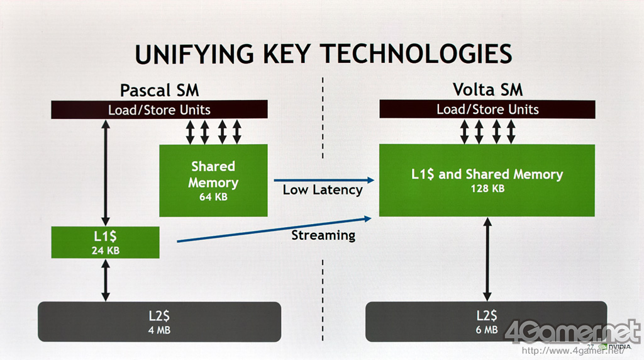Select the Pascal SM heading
coord(159,89)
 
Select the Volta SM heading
coord(487,89)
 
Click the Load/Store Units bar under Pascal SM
coord(159,110)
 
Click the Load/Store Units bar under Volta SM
coord(487,110)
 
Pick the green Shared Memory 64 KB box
coord(213,181)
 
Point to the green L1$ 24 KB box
coord(105,243)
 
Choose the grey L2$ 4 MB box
coord(160,322)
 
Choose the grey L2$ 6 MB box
coord(486,322)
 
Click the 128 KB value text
coord(487,188)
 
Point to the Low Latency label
coord(323,189)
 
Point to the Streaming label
coord(323,235)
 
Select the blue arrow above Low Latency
coord(323,180)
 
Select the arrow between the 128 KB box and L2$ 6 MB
coord(487,259)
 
